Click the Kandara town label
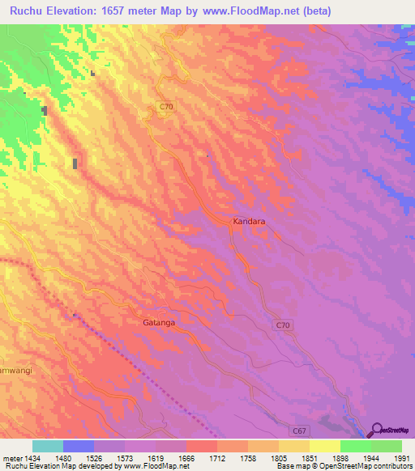tap(249, 219)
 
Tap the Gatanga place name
tap(159, 321)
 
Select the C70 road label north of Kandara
tap(166, 107)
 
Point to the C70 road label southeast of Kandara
tap(281, 325)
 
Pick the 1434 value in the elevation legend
tap(32, 456)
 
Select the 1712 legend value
tap(216, 456)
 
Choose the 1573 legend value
tap(125, 456)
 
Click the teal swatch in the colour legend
tap(48, 446)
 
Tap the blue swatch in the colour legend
tap(79, 446)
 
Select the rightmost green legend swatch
tap(386, 446)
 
